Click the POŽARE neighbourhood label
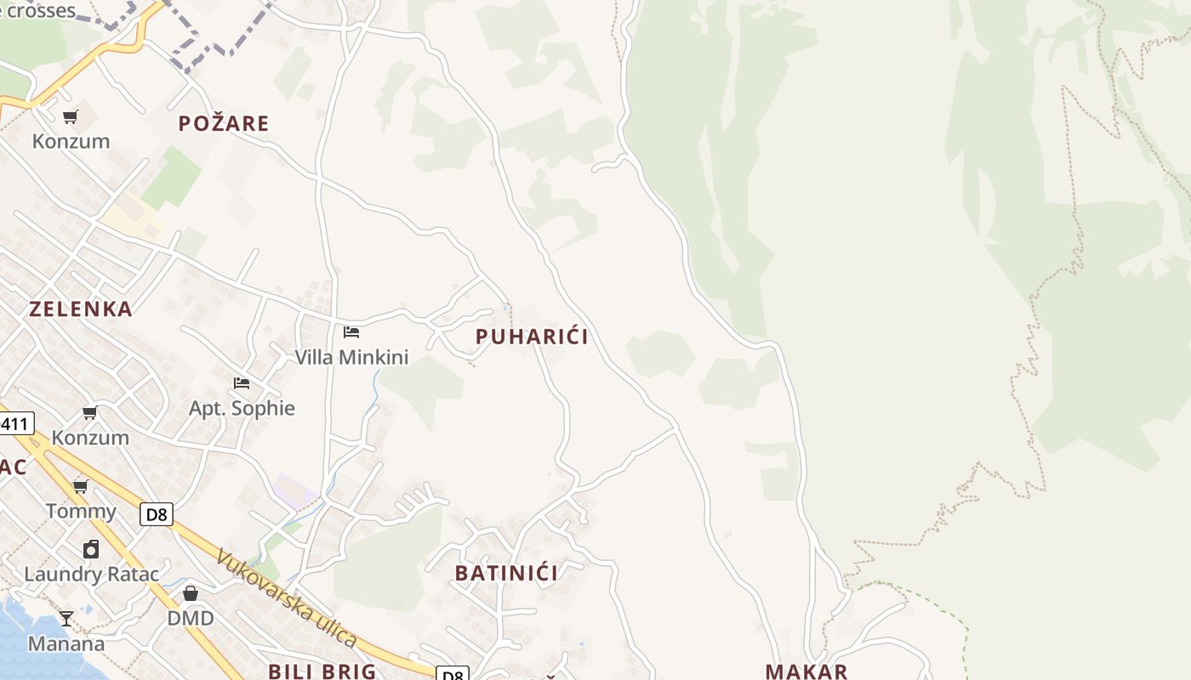point(224,124)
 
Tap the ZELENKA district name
point(81,309)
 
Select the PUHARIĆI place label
point(532,337)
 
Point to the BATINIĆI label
point(507,574)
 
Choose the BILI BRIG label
point(322,671)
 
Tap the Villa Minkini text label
point(351,358)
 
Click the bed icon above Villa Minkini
point(351,332)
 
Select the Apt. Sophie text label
point(242,409)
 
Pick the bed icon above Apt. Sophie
point(242,383)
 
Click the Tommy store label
point(81,512)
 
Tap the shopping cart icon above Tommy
point(81,487)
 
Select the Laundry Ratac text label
point(91,575)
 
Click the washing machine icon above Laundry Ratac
point(91,550)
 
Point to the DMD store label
point(191,619)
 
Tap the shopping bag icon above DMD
point(191,593)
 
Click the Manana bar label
point(66,644)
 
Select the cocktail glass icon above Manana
point(66,619)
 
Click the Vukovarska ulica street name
point(287,598)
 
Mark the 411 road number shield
point(15,423)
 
